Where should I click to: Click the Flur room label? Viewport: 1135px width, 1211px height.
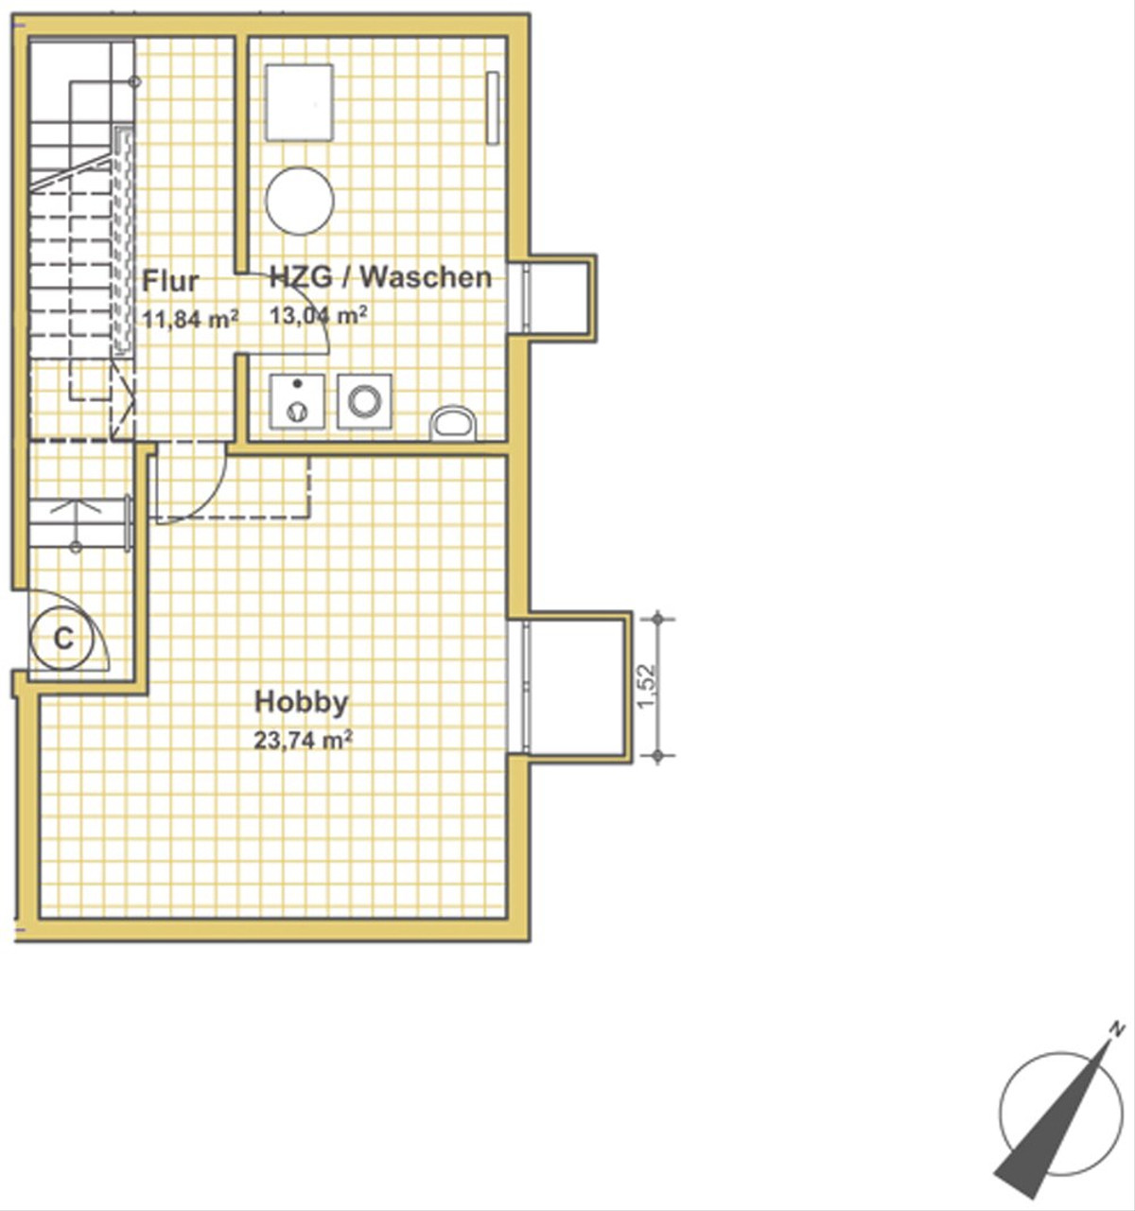(170, 282)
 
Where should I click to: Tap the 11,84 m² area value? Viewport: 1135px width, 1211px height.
(190, 319)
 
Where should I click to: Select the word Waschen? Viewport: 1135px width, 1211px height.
(426, 277)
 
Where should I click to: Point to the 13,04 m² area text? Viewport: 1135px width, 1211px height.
(319, 315)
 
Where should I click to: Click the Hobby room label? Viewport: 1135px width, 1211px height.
(302, 702)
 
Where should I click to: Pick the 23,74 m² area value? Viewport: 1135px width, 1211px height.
(304, 741)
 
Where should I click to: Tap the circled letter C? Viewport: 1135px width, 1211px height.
(63, 639)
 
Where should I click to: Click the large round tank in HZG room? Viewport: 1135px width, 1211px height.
(300, 201)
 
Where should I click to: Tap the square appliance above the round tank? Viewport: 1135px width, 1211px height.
(300, 102)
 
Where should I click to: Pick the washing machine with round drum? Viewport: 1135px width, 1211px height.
(365, 401)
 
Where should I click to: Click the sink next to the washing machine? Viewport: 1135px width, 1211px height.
(297, 401)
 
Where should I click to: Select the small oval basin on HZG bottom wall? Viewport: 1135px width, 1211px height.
(452, 423)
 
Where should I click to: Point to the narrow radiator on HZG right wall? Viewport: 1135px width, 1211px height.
(493, 109)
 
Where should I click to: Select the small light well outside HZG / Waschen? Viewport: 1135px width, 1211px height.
(561, 298)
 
